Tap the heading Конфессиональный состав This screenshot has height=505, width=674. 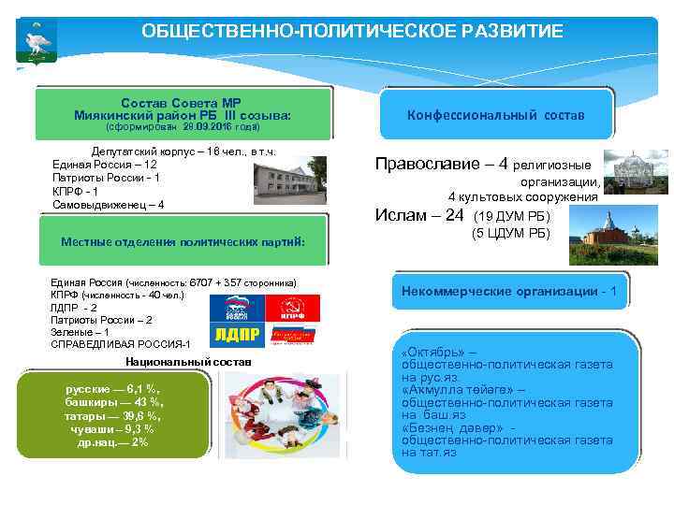point(496,114)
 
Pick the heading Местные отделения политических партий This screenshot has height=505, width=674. point(183,241)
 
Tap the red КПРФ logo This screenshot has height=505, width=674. point(293,307)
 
